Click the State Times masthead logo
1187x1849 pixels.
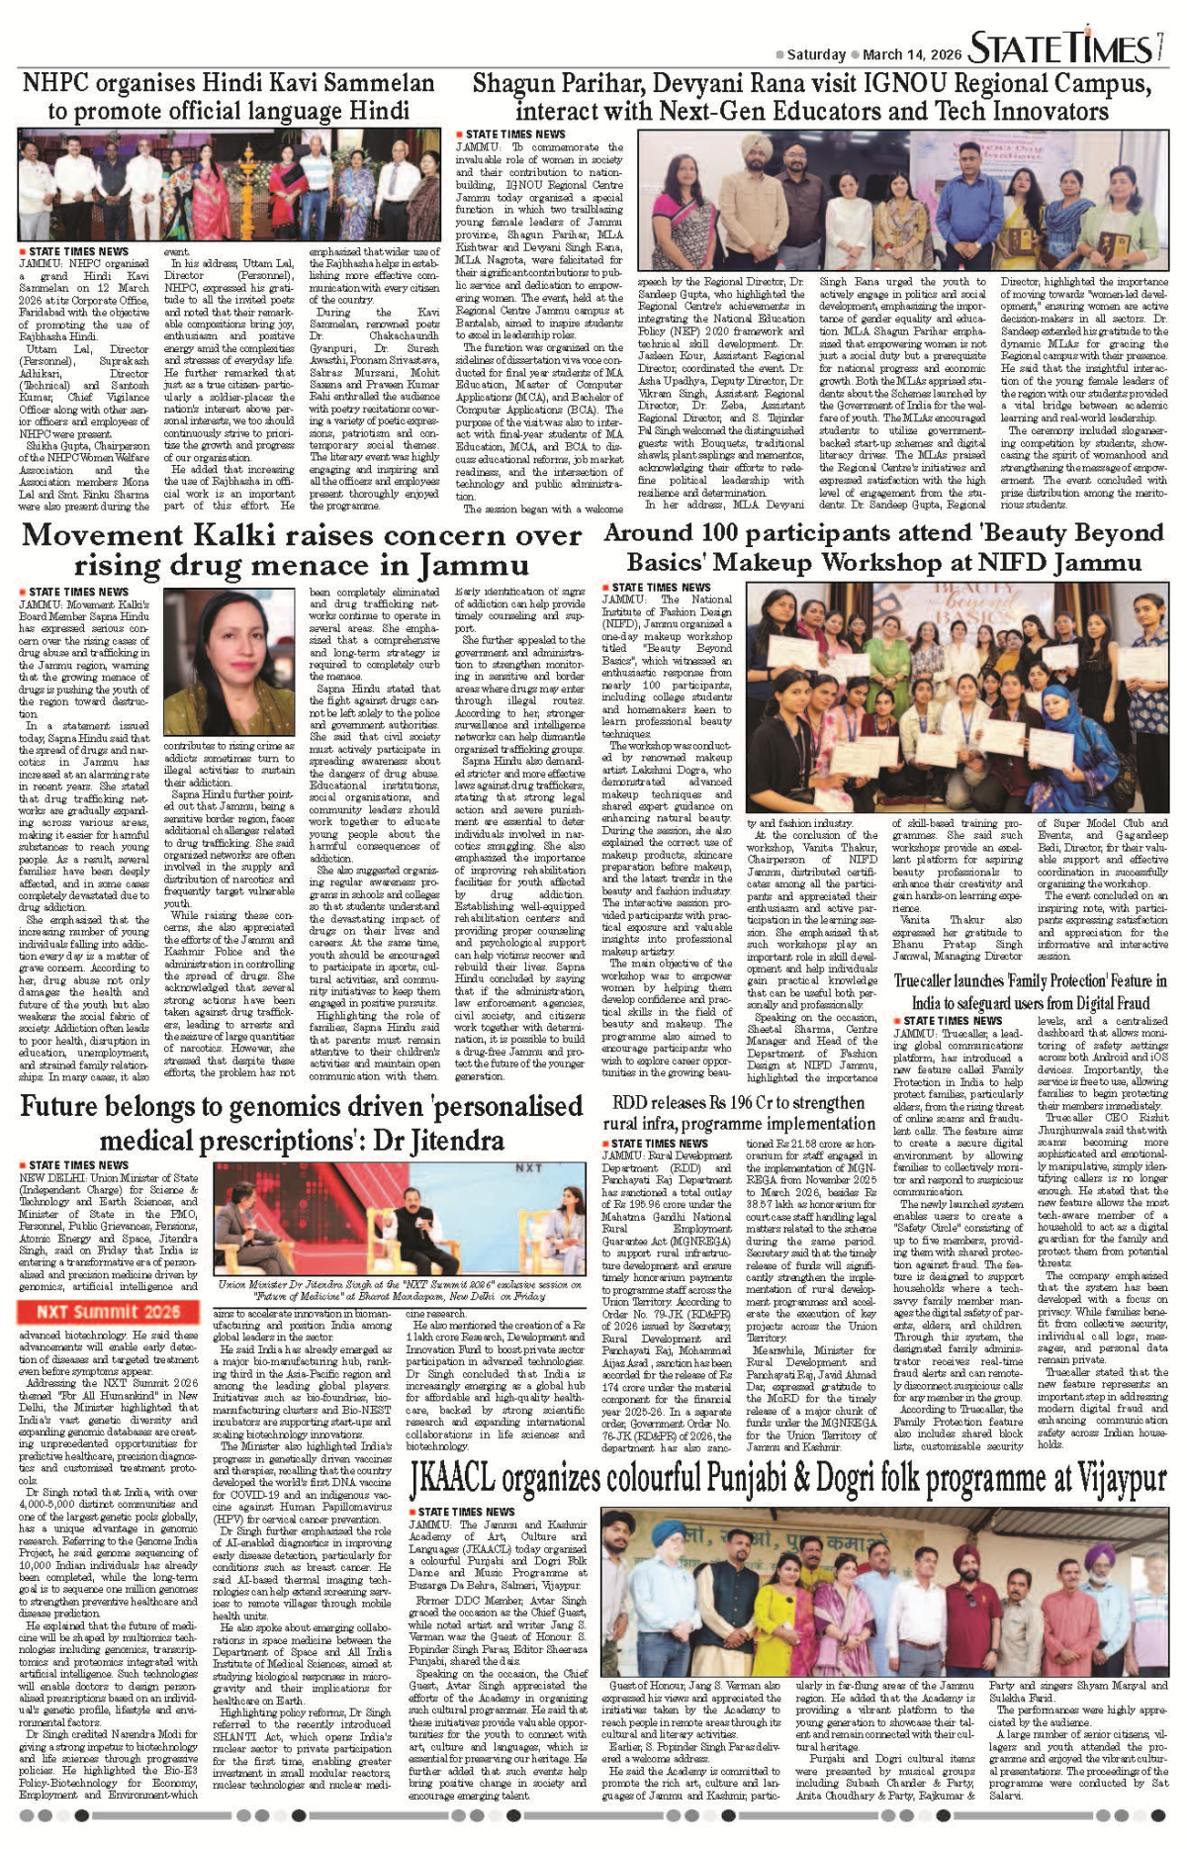point(1059,48)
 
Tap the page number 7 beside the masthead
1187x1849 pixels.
point(1158,46)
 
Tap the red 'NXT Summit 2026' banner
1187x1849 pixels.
point(109,1312)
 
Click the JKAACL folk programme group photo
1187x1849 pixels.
point(885,1592)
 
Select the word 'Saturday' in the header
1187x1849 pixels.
point(816,55)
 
